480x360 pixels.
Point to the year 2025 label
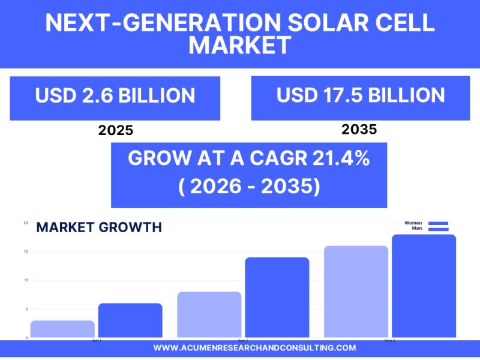[x=115, y=130]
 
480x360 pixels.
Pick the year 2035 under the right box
[x=359, y=129]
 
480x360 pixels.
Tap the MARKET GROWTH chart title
[x=99, y=227]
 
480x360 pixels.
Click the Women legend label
[x=413, y=223]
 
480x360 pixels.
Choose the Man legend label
[x=416, y=229]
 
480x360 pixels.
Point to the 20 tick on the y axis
[x=26, y=223]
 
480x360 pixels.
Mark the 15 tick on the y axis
[x=26, y=251]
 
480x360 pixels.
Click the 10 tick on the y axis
[x=26, y=280]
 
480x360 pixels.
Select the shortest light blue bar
[x=62, y=329]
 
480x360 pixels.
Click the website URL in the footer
[x=254, y=348]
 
